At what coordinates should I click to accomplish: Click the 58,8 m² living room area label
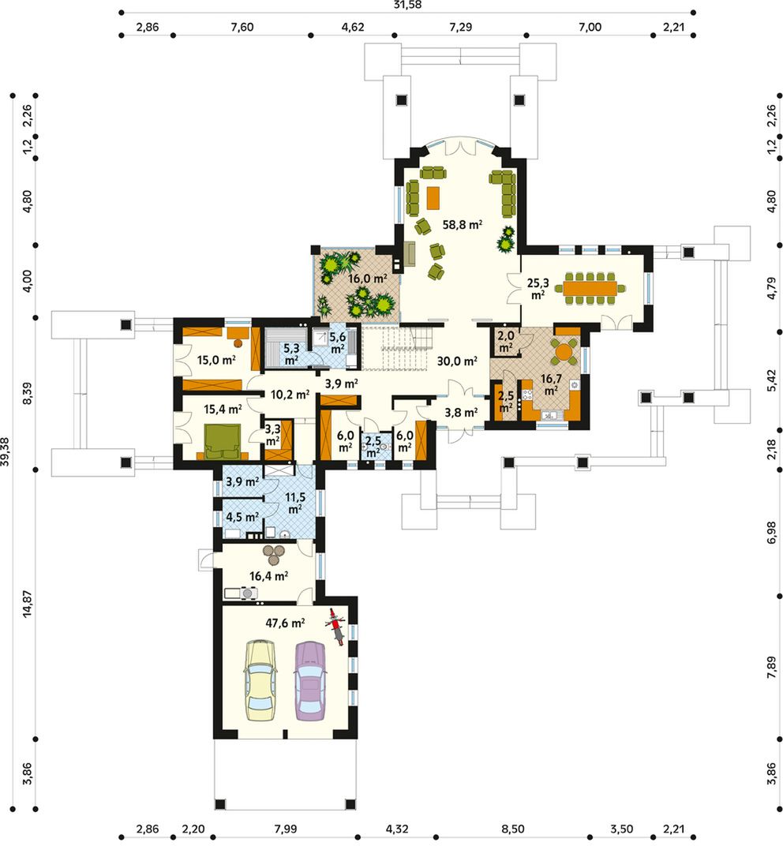[x=462, y=224]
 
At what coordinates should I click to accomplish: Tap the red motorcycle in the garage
[x=335, y=627]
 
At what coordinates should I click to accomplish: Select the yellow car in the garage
[x=260, y=679]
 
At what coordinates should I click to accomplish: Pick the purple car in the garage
[x=310, y=680]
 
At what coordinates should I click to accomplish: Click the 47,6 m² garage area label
[x=285, y=623]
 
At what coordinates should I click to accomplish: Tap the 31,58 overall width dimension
[x=408, y=5]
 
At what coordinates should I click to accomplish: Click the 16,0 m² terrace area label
[x=368, y=279]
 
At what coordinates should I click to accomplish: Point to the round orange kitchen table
[x=564, y=352]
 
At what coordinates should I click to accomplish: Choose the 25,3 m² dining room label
[x=538, y=289]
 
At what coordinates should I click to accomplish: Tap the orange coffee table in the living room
[x=433, y=197]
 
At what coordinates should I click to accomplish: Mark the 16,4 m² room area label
[x=268, y=576]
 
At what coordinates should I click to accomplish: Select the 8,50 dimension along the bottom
[x=512, y=828]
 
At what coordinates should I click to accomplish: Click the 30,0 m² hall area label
[x=457, y=361]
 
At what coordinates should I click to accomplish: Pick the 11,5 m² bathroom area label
[x=294, y=502]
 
